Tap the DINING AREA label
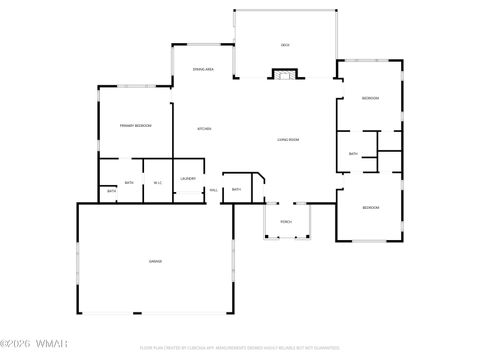[204, 69]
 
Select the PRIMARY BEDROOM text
[135, 126]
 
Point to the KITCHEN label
[204, 129]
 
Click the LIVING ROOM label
[288, 139]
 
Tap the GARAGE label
[156, 261]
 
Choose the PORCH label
[286, 221]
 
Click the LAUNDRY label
[188, 179]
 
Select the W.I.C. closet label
[158, 182]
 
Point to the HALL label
[214, 190]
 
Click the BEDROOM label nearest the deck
[370, 98]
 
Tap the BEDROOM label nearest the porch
[370, 207]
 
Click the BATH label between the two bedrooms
[354, 154]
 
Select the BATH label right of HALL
[236, 189]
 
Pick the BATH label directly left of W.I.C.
[129, 182]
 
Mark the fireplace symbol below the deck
[285, 73]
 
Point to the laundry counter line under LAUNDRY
[188, 189]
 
